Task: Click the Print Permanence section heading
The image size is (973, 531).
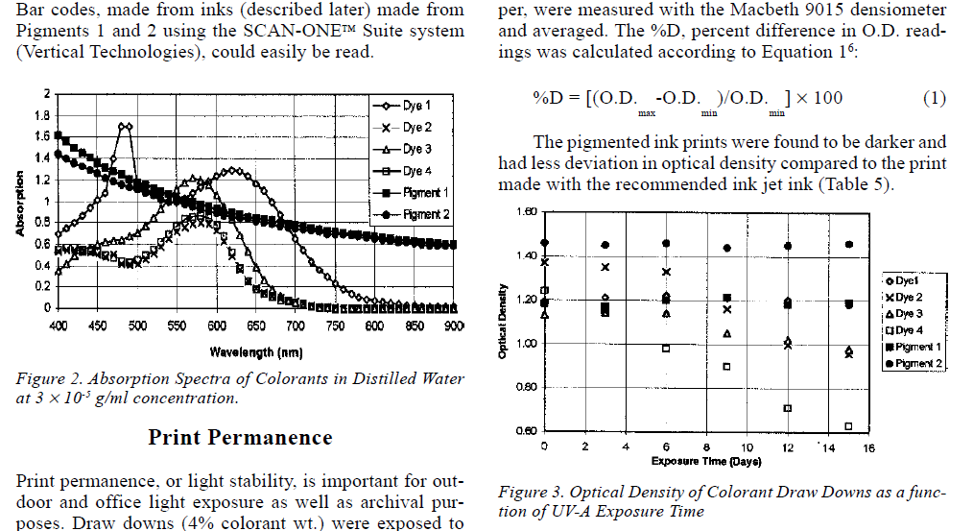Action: [x=240, y=438]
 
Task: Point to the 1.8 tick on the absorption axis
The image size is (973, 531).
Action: [x=41, y=115]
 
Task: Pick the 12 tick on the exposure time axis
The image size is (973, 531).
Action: [x=787, y=447]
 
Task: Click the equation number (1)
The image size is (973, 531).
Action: [x=934, y=98]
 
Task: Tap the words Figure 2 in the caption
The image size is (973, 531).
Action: [x=43, y=378]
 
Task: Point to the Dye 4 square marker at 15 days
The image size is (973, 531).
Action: [x=848, y=426]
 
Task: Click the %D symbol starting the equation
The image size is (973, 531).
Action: [x=547, y=98]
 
